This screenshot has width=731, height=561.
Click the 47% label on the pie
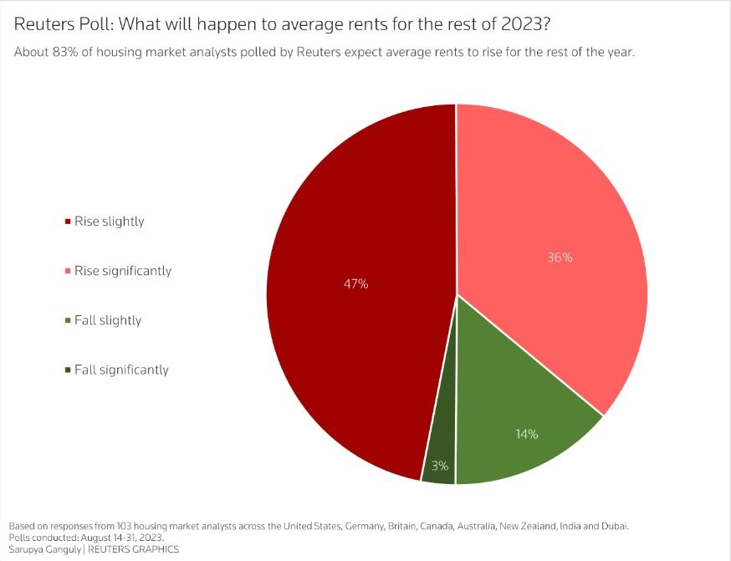[x=355, y=283]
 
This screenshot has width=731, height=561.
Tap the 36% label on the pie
[x=560, y=258]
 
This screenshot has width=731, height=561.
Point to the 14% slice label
[x=527, y=434]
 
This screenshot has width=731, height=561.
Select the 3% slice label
[x=440, y=466]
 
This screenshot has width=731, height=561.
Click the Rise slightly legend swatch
[x=68, y=222]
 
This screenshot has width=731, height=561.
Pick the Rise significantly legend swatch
[x=68, y=271]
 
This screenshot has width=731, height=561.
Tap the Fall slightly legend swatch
[x=68, y=320]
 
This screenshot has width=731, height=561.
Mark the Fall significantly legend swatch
[x=68, y=370]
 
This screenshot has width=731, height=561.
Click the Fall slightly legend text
[x=108, y=320]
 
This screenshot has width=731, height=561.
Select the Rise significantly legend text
[x=123, y=271]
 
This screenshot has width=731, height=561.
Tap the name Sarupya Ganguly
[x=45, y=550]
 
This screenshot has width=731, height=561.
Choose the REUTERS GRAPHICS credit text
[x=133, y=549]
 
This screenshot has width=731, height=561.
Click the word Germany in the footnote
[x=364, y=527]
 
